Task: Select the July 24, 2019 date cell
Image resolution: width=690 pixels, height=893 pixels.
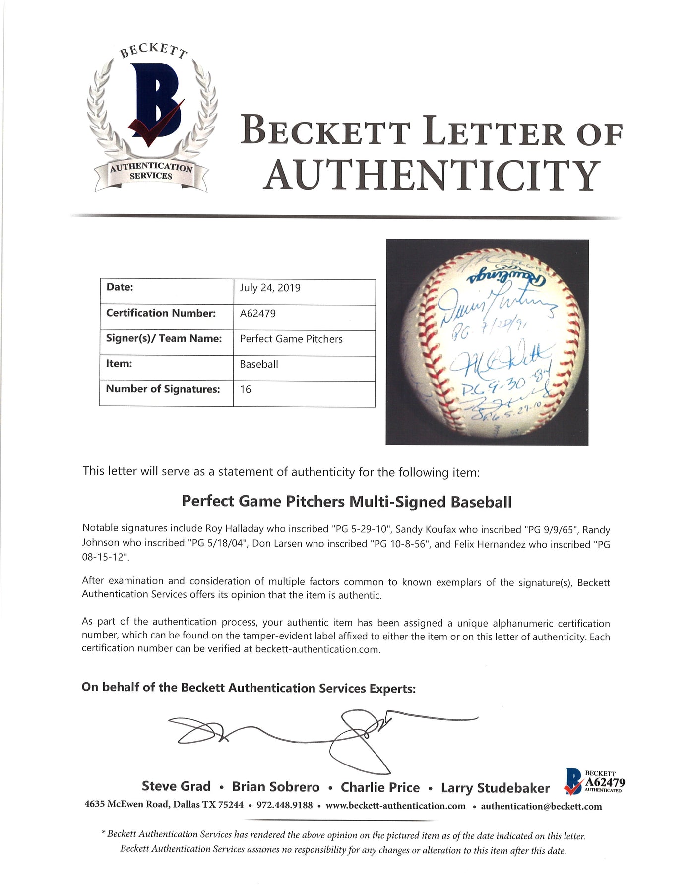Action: (x=270, y=288)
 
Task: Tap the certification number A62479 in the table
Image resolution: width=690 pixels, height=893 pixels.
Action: (x=257, y=314)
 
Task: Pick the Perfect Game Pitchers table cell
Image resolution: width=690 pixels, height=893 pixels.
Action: (x=291, y=339)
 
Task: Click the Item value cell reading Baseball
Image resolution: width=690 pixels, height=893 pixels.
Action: (x=259, y=364)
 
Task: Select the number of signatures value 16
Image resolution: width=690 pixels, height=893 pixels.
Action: (x=246, y=390)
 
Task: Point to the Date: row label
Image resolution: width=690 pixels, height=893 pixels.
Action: (x=120, y=287)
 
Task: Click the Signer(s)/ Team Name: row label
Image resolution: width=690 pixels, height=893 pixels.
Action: (x=163, y=339)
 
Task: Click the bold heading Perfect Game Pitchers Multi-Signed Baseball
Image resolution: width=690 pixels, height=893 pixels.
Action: (x=346, y=502)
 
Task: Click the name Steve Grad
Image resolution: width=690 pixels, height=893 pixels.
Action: (x=176, y=786)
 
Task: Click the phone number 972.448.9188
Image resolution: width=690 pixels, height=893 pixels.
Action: (x=284, y=805)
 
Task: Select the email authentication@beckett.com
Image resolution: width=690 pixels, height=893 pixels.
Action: (x=541, y=806)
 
